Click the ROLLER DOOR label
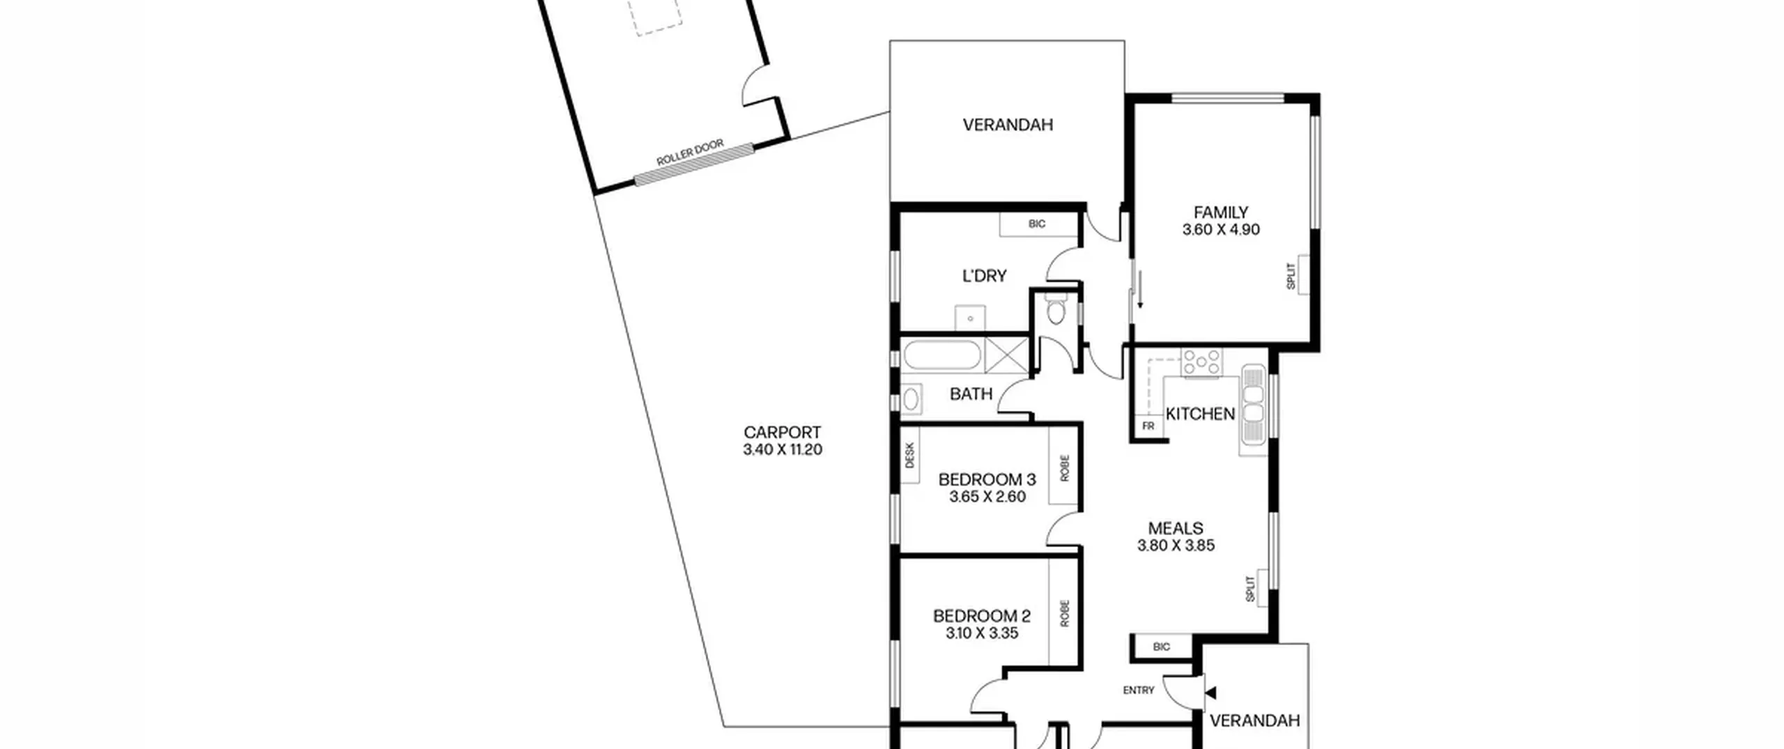690,153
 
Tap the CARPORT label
782,433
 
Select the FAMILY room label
1221,213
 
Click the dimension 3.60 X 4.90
1221,230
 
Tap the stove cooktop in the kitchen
1201,363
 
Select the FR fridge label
1148,426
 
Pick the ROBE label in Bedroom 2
1064,614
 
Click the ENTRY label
1139,690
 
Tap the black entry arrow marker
1210,693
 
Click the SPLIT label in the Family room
1291,276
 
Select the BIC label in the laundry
1037,224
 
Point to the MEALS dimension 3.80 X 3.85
1176,546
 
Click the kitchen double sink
1253,405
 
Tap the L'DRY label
984,276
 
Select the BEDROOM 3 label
987,479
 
